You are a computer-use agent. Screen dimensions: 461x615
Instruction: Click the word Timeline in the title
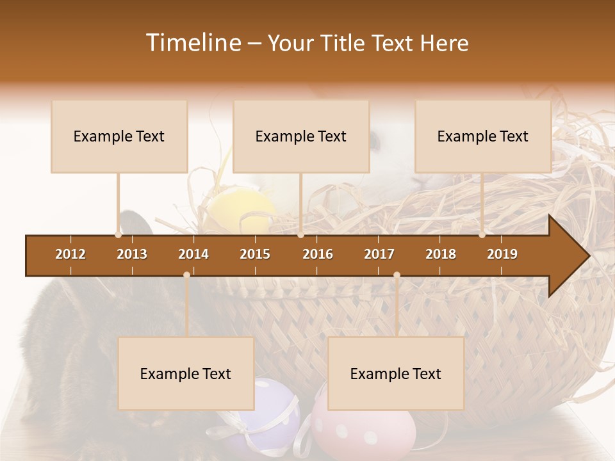192,43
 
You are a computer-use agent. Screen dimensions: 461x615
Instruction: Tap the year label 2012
70,254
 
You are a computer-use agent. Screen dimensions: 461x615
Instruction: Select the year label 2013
132,254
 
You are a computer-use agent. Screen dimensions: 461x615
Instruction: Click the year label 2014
193,254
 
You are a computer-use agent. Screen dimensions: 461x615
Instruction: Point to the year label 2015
255,254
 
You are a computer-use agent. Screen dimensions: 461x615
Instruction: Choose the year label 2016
318,254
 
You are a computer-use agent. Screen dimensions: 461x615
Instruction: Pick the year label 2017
379,254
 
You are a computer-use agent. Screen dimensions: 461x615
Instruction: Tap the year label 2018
441,254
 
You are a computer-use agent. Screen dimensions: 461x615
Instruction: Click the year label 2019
502,254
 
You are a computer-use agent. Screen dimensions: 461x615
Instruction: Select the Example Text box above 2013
119,136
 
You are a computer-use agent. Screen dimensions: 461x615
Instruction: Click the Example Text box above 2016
301,136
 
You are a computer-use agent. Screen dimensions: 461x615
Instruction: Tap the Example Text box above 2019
483,136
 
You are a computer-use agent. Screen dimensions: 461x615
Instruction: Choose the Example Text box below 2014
186,374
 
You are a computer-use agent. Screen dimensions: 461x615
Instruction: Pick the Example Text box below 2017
396,374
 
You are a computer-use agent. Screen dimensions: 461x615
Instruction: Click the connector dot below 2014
186,275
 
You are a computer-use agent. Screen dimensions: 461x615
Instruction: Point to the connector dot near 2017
397,275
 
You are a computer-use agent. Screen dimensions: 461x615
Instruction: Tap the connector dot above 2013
119,235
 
